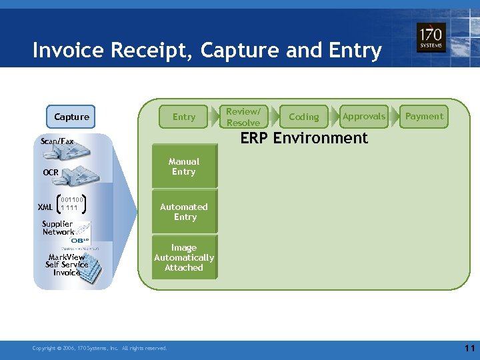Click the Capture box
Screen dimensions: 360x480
[x=71, y=117]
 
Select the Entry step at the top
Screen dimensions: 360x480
[x=184, y=117]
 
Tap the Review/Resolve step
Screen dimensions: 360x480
[x=243, y=117]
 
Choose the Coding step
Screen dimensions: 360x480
[x=304, y=117]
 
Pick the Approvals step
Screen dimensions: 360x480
[x=363, y=116]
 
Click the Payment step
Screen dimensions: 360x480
[x=424, y=116]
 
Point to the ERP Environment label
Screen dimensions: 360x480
[x=304, y=138]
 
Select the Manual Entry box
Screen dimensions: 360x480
[x=184, y=166]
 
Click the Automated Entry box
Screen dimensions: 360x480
[x=185, y=212]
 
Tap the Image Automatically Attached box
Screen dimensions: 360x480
[x=184, y=257]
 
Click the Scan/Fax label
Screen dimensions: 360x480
[x=57, y=141]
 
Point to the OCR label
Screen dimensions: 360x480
[x=51, y=173]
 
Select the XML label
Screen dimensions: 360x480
[x=45, y=207]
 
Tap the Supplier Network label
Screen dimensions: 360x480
[x=58, y=228]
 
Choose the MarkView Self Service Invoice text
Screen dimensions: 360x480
[x=67, y=265]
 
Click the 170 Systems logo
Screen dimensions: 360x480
[x=431, y=38]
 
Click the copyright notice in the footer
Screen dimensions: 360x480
[x=100, y=348]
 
